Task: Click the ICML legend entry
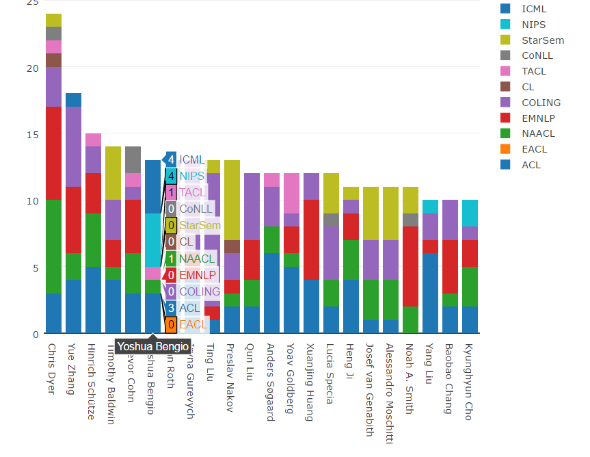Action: pyautogui.click(x=533, y=9)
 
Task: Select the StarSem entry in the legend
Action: pyautogui.click(x=542, y=40)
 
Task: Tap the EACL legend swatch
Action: pyautogui.click(x=506, y=149)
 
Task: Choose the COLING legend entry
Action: pyautogui.click(x=540, y=103)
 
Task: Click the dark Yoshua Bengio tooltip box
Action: pyautogui.click(x=152, y=347)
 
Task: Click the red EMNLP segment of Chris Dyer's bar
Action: pyautogui.click(x=53, y=153)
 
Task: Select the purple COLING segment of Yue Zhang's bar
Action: pyautogui.click(x=73, y=146)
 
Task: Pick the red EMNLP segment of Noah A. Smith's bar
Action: pyautogui.click(x=410, y=266)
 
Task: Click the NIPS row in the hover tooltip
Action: pyautogui.click(x=191, y=176)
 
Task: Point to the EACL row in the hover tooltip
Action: pyautogui.click(x=191, y=324)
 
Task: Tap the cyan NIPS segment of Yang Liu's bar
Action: pyautogui.click(x=430, y=207)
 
